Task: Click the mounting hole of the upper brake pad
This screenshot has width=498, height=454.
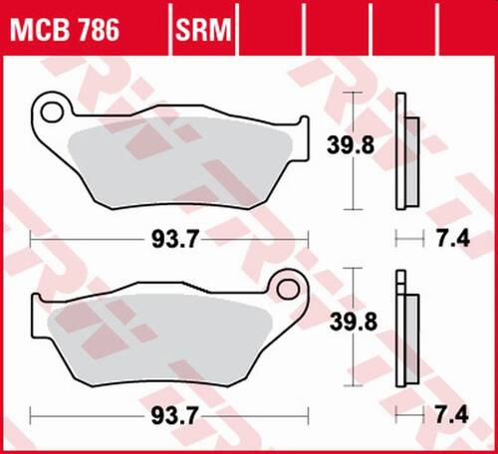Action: pos(52,106)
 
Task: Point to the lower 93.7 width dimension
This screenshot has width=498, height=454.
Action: pos(168,412)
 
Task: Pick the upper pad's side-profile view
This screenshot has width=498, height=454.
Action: pos(402,151)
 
